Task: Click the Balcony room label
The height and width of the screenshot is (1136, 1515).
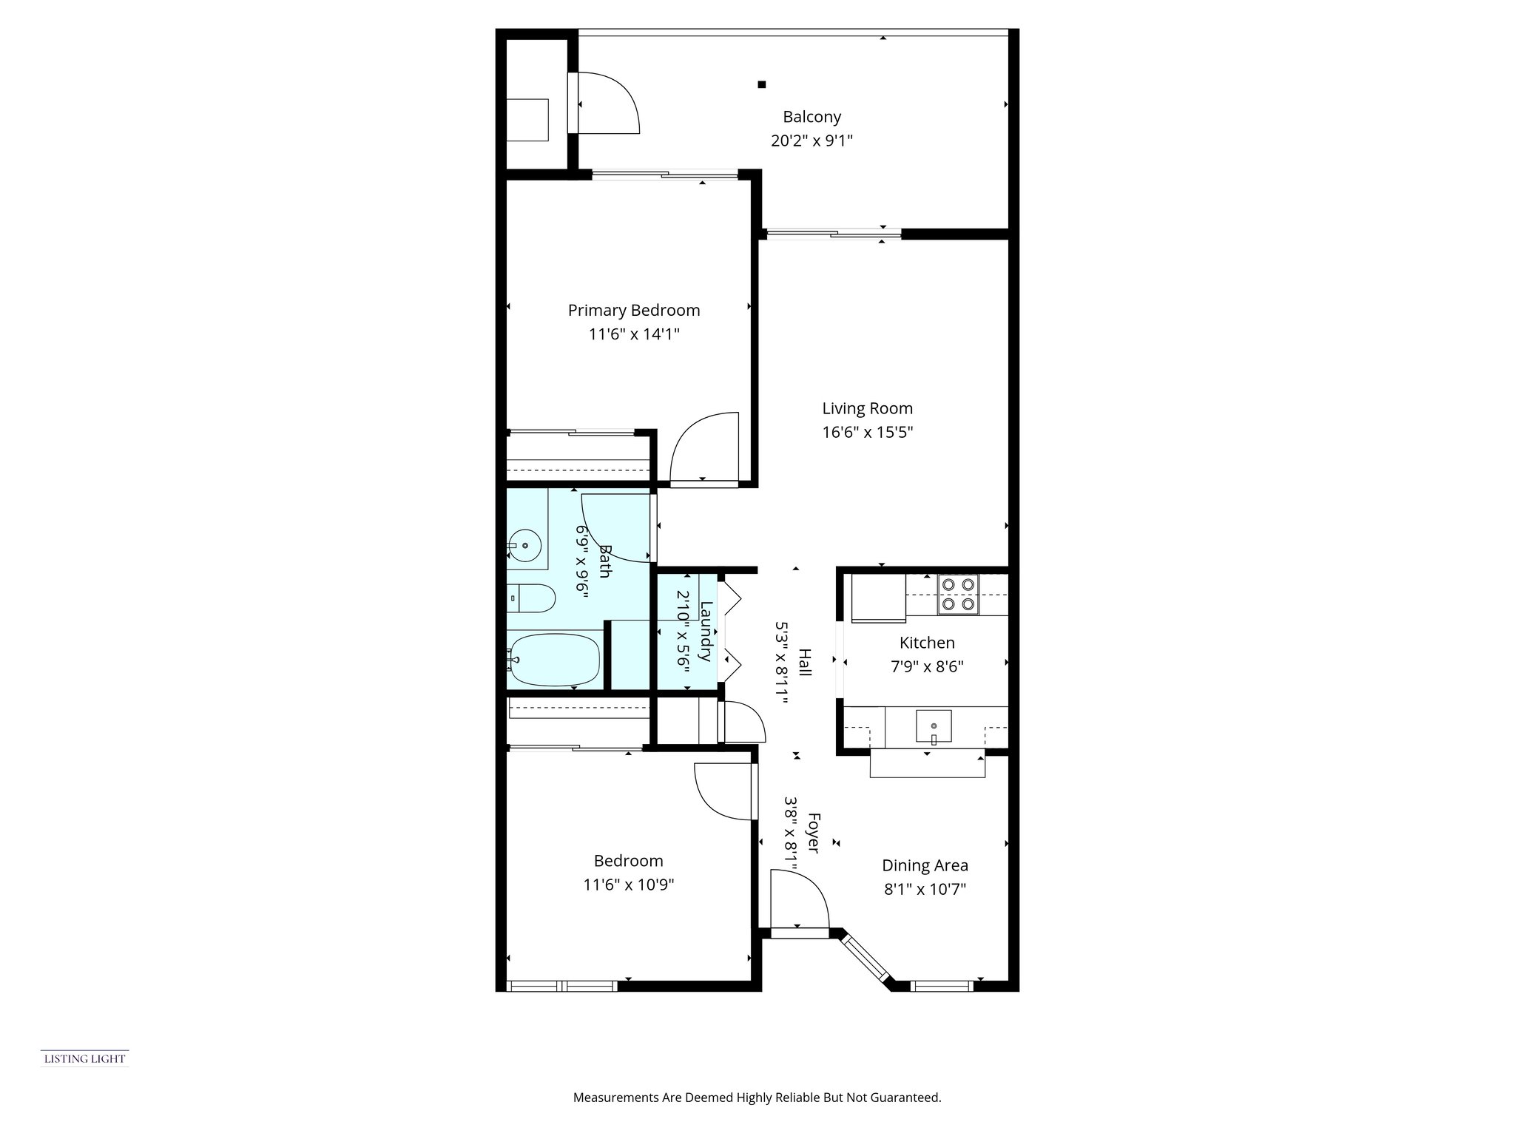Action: click(812, 117)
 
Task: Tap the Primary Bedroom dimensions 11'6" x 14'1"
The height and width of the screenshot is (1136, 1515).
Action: click(634, 334)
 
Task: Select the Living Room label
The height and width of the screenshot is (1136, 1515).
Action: click(867, 408)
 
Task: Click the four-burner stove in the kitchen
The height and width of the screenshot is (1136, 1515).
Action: click(958, 595)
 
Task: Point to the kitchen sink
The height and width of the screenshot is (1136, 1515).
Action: click(934, 726)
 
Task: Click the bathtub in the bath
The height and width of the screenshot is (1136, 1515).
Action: click(554, 659)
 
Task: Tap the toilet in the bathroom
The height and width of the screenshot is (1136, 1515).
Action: click(533, 598)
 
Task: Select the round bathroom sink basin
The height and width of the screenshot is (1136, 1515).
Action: click(525, 546)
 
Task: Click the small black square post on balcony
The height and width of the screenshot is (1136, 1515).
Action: click(761, 84)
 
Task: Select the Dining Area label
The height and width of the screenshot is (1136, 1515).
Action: click(925, 865)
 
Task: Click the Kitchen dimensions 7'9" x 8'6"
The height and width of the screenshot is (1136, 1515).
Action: click(927, 666)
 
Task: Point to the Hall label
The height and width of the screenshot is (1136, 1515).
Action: click(805, 662)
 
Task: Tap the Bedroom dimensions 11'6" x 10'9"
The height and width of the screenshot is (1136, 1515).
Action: click(628, 885)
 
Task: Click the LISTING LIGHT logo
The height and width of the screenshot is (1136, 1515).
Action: click(84, 1059)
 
